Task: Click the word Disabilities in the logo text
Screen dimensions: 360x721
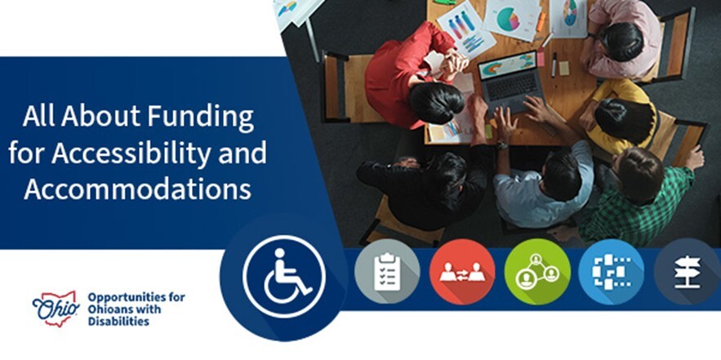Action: [x=118, y=322]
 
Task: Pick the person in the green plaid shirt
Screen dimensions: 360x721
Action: [x=645, y=196]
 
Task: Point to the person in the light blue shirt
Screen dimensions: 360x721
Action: [x=543, y=184]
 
